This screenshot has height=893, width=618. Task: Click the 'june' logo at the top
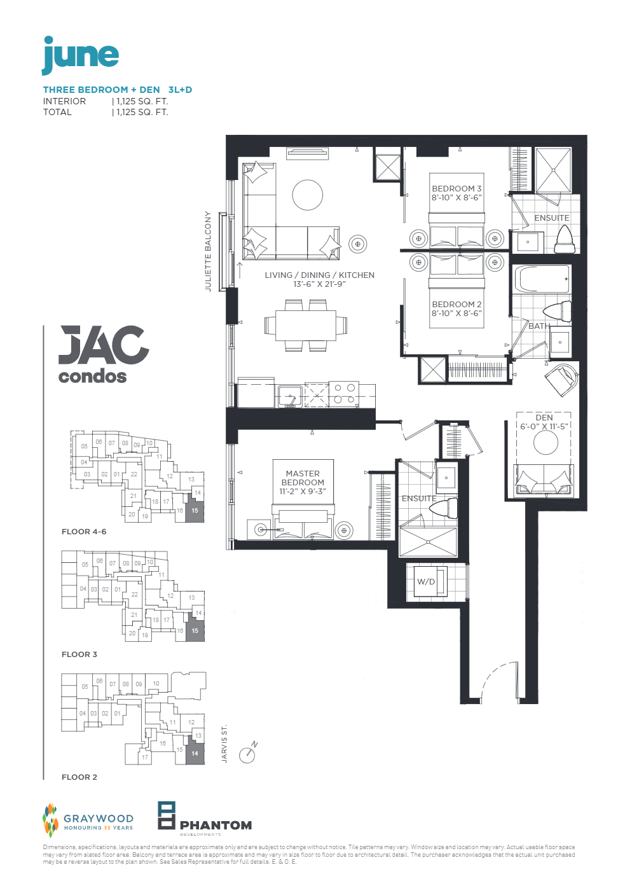[80, 56]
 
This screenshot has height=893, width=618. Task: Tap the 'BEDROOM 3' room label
[457, 189]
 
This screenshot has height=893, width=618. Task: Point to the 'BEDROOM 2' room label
[457, 305]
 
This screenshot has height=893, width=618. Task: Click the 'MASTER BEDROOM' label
[303, 478]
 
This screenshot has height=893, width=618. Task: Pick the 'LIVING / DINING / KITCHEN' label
[319, 275]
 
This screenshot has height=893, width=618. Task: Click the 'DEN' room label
[544, 418]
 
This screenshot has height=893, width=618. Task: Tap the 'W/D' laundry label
[426, 582]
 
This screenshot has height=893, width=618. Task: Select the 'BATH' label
[539, 326]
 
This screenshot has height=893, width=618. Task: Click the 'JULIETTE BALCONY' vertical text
[208, 251]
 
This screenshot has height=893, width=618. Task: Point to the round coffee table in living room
[308, 195]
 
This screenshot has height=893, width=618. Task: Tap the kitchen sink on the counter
[290, 395]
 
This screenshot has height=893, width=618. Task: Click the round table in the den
[546, 443]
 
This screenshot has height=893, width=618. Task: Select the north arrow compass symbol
[247, 754]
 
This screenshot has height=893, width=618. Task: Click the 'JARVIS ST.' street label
[224, 744]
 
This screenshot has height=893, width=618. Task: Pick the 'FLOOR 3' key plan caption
[79, 654]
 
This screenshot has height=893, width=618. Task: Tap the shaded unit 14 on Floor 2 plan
[195, 754]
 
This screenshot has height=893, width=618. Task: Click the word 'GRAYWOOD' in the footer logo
[99, 819]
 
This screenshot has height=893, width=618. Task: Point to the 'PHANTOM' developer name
[216, 826]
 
